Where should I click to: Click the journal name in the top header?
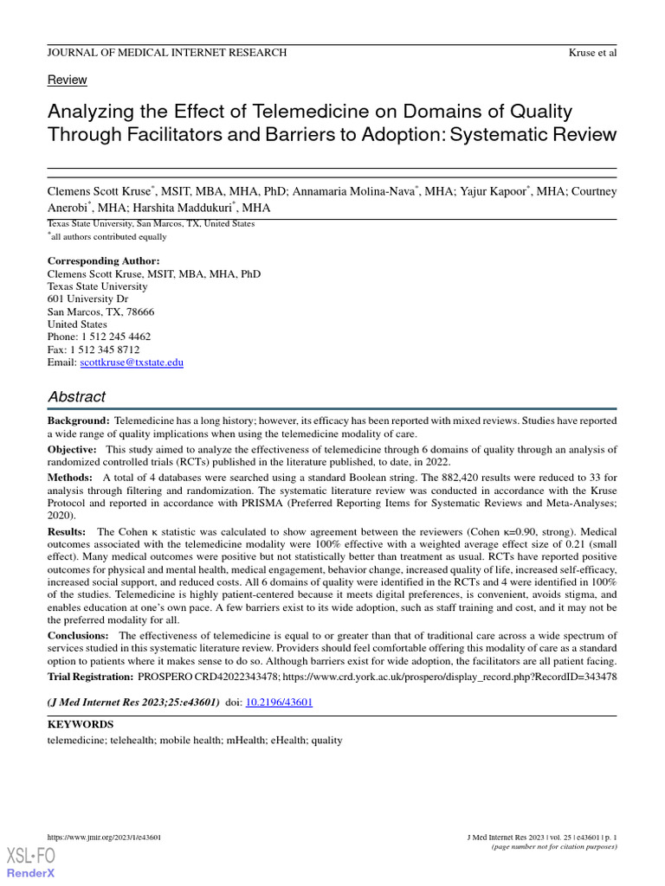click(166, 53)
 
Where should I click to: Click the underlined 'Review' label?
click(67, 80)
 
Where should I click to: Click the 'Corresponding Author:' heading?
click(103, 261)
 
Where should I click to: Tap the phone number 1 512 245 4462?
click(115, 337)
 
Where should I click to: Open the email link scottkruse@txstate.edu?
click(131, 363)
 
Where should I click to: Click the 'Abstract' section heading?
click(76, 397)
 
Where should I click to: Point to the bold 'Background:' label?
click(78, 421)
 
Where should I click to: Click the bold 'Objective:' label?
click(72, 450)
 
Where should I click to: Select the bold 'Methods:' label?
click(70, 478)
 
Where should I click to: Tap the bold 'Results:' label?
click(67, 531)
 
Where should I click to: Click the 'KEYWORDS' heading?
click(80, 724)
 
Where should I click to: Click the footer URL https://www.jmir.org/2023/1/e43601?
click(103, 838)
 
